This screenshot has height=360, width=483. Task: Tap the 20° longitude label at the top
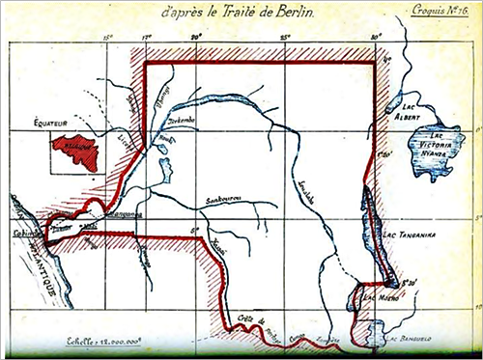coord(196,40)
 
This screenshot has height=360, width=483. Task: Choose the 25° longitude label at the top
coord(286,40)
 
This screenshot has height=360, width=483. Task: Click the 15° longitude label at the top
coord(106,40)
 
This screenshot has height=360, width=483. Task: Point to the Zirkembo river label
coord(183,122)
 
